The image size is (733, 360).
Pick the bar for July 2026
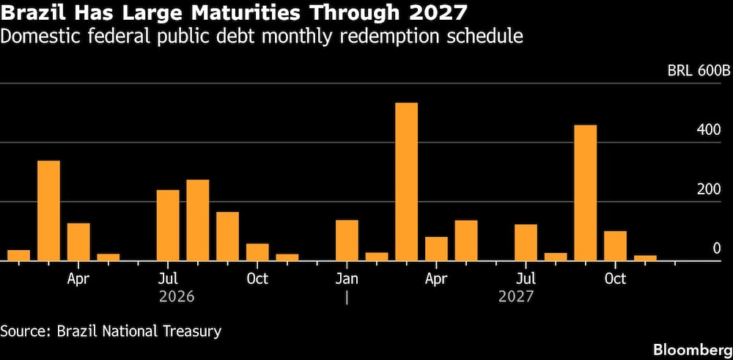[x=168, y=225]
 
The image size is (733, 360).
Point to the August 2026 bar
[x=197, y=220]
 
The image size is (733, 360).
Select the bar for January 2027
[x=347, y=240]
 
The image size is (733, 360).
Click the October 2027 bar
[x=615, y=246]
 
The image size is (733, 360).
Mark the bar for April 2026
[x=78, y=242]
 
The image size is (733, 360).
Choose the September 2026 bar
[x=227, y=236]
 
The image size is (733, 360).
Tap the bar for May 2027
[x=465, y=240]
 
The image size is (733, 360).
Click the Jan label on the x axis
[x=347, y=279]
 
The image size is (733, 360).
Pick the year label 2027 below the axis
[x=516, y=297]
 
